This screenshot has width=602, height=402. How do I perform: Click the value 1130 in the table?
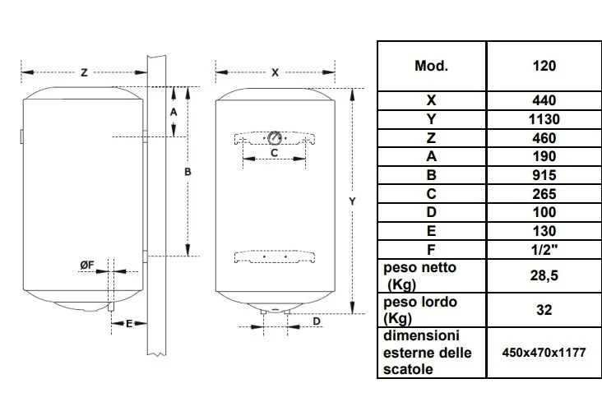tap(544, 119)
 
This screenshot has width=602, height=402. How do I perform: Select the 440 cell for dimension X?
tap(544, 100)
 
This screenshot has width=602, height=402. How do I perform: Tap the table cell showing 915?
tap(544, 175)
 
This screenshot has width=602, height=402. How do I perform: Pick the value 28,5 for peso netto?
tap(544, 275)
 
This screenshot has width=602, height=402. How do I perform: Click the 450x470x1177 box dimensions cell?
tap(544, 353)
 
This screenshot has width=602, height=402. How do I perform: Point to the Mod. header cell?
tap(431, 66)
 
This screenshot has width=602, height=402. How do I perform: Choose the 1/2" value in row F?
tap(544, 251)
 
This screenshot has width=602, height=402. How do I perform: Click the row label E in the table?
tap(431, 231)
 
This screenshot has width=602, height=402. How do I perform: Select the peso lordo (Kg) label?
tap(420, 310)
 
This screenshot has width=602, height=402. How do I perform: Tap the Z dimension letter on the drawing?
tap(84, 72)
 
